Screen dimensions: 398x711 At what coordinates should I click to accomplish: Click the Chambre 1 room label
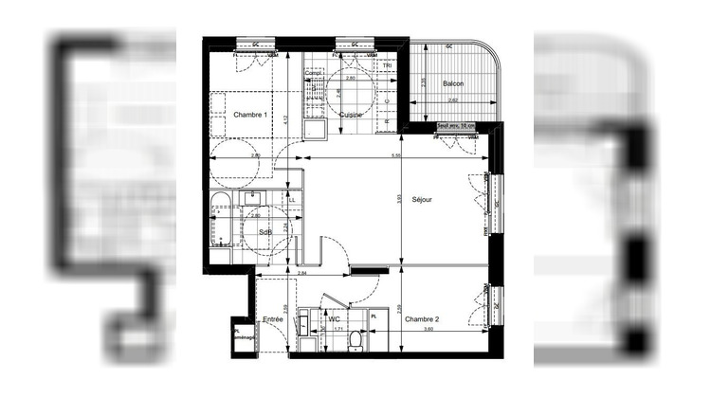(x=251, y=115)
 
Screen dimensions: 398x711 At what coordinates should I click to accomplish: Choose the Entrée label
(x=273, y=319)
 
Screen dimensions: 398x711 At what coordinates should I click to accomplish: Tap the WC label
(x=334, y=319)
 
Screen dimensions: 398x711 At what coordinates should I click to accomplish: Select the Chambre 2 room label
(x=423, y=319)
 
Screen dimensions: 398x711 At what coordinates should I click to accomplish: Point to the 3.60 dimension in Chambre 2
(x=427, y=330)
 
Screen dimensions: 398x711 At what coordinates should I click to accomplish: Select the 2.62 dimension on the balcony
(x=453, y=99)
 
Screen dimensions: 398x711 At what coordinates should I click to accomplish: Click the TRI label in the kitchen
(x=387, y=80)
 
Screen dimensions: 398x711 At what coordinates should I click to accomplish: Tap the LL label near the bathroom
(x=292, y=201)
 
